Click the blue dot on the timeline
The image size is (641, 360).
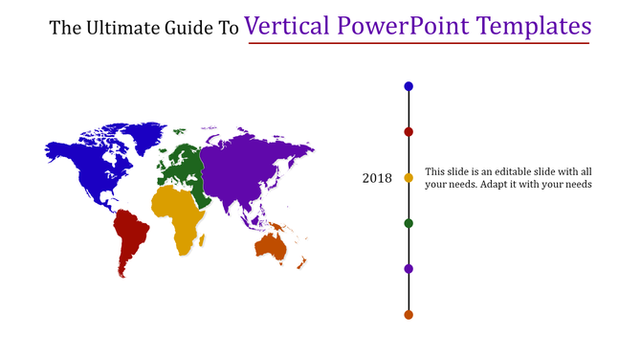tap(409, 86)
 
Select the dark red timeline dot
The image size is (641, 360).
tap(409, 131)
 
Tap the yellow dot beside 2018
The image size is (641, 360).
tap(409, 177)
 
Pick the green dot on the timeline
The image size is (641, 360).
tap(409, 223)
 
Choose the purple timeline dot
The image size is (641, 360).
tap(409, 269)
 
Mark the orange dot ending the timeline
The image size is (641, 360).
tap(409, 314)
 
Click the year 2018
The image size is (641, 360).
tap(377, 178)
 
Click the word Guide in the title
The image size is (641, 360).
tap(191, 29)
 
